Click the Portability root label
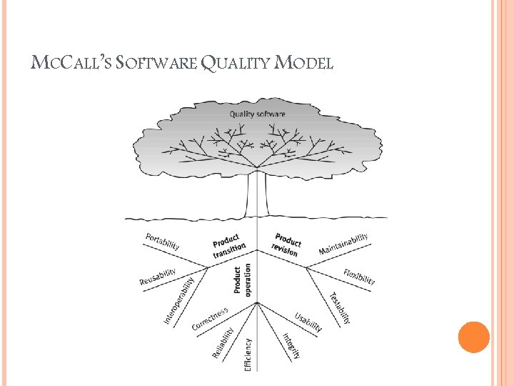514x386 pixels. point(163,241)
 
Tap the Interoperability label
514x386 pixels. point(178,300)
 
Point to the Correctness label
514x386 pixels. point(210,319)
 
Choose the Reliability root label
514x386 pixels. point(223,342)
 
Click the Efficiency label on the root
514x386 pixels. point(248,355)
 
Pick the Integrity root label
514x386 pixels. point(291,346)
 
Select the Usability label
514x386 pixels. point(308,322)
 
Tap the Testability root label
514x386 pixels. point(340,307)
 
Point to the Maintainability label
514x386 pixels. point(343,244)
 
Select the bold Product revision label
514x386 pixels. point(286,244)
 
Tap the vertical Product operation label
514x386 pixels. point(243,279)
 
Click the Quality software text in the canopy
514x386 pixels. point(257,114)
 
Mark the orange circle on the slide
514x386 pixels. point(473,337)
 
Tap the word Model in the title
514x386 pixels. point(304,64)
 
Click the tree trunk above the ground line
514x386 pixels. point(257,193)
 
